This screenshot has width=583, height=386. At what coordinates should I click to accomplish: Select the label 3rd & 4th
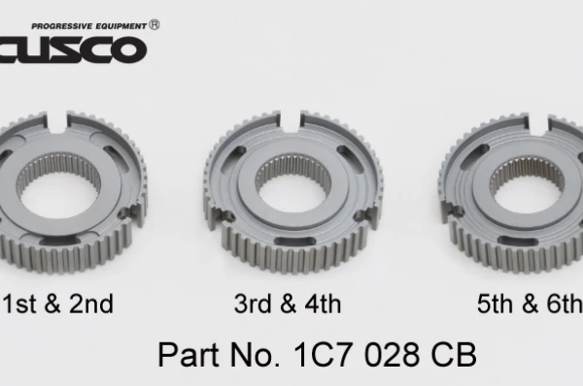(288, 305)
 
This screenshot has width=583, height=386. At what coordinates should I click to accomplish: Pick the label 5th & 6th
(529, 305)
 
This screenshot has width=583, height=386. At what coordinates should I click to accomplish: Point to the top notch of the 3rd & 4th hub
(293, 121)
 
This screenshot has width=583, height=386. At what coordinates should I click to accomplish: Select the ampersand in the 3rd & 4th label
(290, 305)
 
